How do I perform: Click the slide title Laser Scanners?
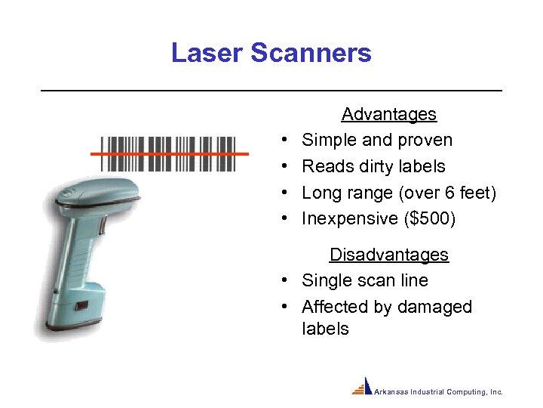pos(271,53)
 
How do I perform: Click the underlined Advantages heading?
pos(388,114)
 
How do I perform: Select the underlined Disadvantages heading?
pos(388,255)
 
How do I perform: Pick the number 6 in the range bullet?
pos(448,193)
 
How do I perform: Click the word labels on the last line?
pos(325,329)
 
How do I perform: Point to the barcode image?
pos(168,155)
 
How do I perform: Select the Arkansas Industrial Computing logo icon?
pos(363,387)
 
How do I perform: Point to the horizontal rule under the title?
pos(271,91)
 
